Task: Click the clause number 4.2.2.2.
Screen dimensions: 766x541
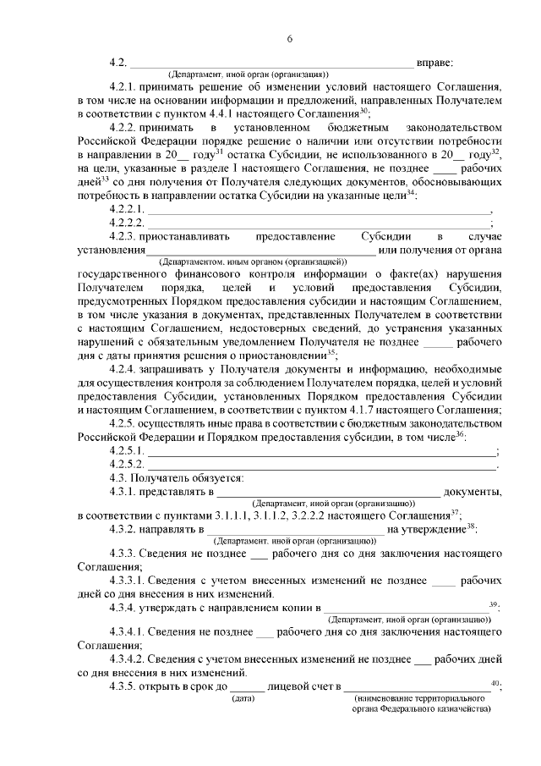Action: pyautogui.click(x=128, y=223)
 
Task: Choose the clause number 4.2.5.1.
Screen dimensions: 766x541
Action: pyautogui.click(x=128, y=452)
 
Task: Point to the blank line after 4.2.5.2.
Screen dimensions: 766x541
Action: pyautogui.click(x=321, y=466)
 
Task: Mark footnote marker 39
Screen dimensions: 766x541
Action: pyautogui.click(x=494, y=604)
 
